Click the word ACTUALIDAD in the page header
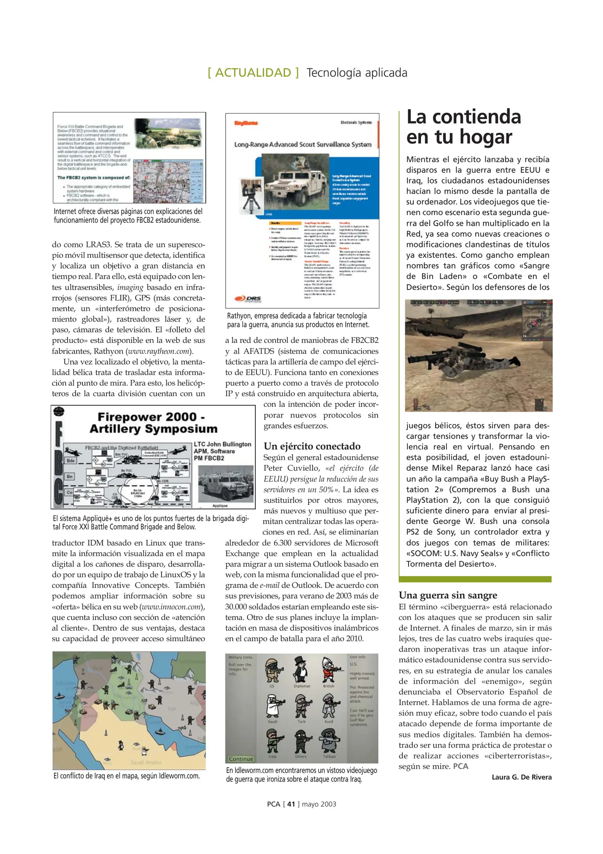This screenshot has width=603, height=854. pos(253,73)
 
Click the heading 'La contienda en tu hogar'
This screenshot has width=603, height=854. pos(463,127)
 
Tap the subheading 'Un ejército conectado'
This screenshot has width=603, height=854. pos(312,446)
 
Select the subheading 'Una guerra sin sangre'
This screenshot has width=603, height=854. pos(448,595)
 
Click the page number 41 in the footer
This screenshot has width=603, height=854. pos(291,804)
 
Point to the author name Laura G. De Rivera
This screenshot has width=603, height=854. pos(521,777)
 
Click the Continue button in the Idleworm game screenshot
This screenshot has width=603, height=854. pos(241,759)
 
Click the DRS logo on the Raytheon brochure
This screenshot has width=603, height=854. pos(248,299)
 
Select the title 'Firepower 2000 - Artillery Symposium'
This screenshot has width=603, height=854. pos(153,423)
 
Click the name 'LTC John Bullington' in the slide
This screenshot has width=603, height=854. pos(222,444)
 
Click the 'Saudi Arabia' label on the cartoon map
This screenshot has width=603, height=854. pos(146,762)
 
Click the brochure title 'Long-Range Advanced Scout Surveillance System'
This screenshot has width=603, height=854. pos(302,145)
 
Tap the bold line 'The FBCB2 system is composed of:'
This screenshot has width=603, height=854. pos(94,178)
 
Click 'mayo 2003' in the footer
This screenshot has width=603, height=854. pos(319,804)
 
